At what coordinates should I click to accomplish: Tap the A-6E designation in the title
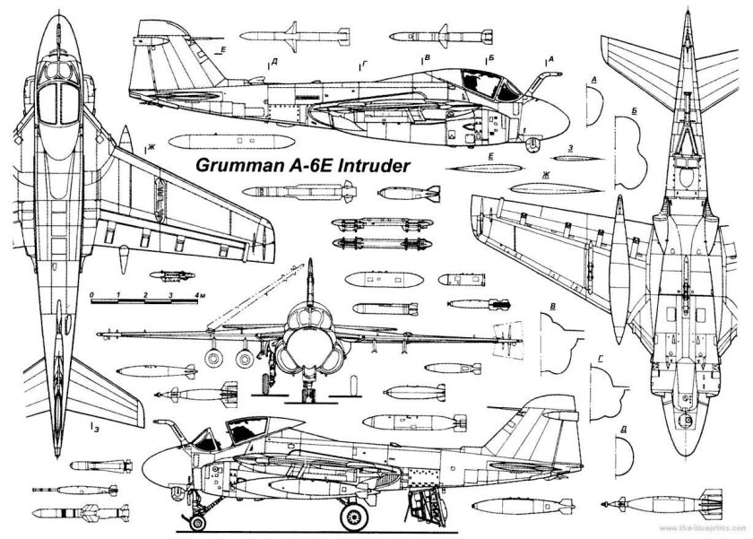[301, 166]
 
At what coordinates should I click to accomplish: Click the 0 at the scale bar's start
[92, 295]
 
